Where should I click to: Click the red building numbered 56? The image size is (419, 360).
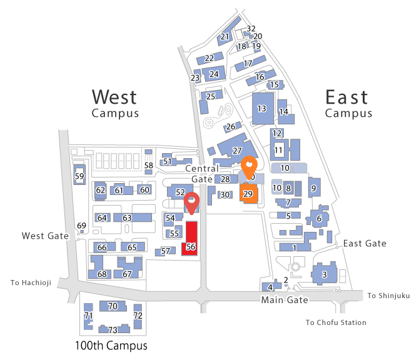pyautogui.click(x=191, y=238)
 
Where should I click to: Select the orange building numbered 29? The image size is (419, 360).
pyautogui.click(x=248, y=193)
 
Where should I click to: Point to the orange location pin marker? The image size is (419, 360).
pyautogui.click(x=249, y=166)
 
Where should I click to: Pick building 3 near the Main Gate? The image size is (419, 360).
pyautogui.click(x=324, y=274)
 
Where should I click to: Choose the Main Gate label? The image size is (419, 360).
pyautogui.click(x=285, y=300)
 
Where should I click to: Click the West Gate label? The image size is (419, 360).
pyautogui.click(x=44, y=236)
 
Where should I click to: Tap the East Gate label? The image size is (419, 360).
pyautogui.click(x=365, y=243)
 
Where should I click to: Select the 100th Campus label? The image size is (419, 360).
pyautogui.click(x=111, y=346)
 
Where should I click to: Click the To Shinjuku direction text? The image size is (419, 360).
pyautogui.click(x=388, y=296)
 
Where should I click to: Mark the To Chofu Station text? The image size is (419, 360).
pyautogui.click(x=336, y=322)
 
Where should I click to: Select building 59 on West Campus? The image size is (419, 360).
pyautogui.click(x=79, y=176)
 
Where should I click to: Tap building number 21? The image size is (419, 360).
pyautogui.click(x=225, y=37)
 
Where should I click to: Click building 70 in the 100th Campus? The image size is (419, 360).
pyautogui.click(x=113, y=306)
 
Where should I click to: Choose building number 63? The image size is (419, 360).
pyautogui.click(x=127, y=217)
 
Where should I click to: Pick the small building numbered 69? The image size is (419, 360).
pyautogui.click(x=81, y=226)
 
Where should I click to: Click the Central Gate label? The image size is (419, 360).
pyautogui.click(x=202, y=174)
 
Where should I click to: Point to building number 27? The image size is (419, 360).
pyautogui.click(x=236, y=151)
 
